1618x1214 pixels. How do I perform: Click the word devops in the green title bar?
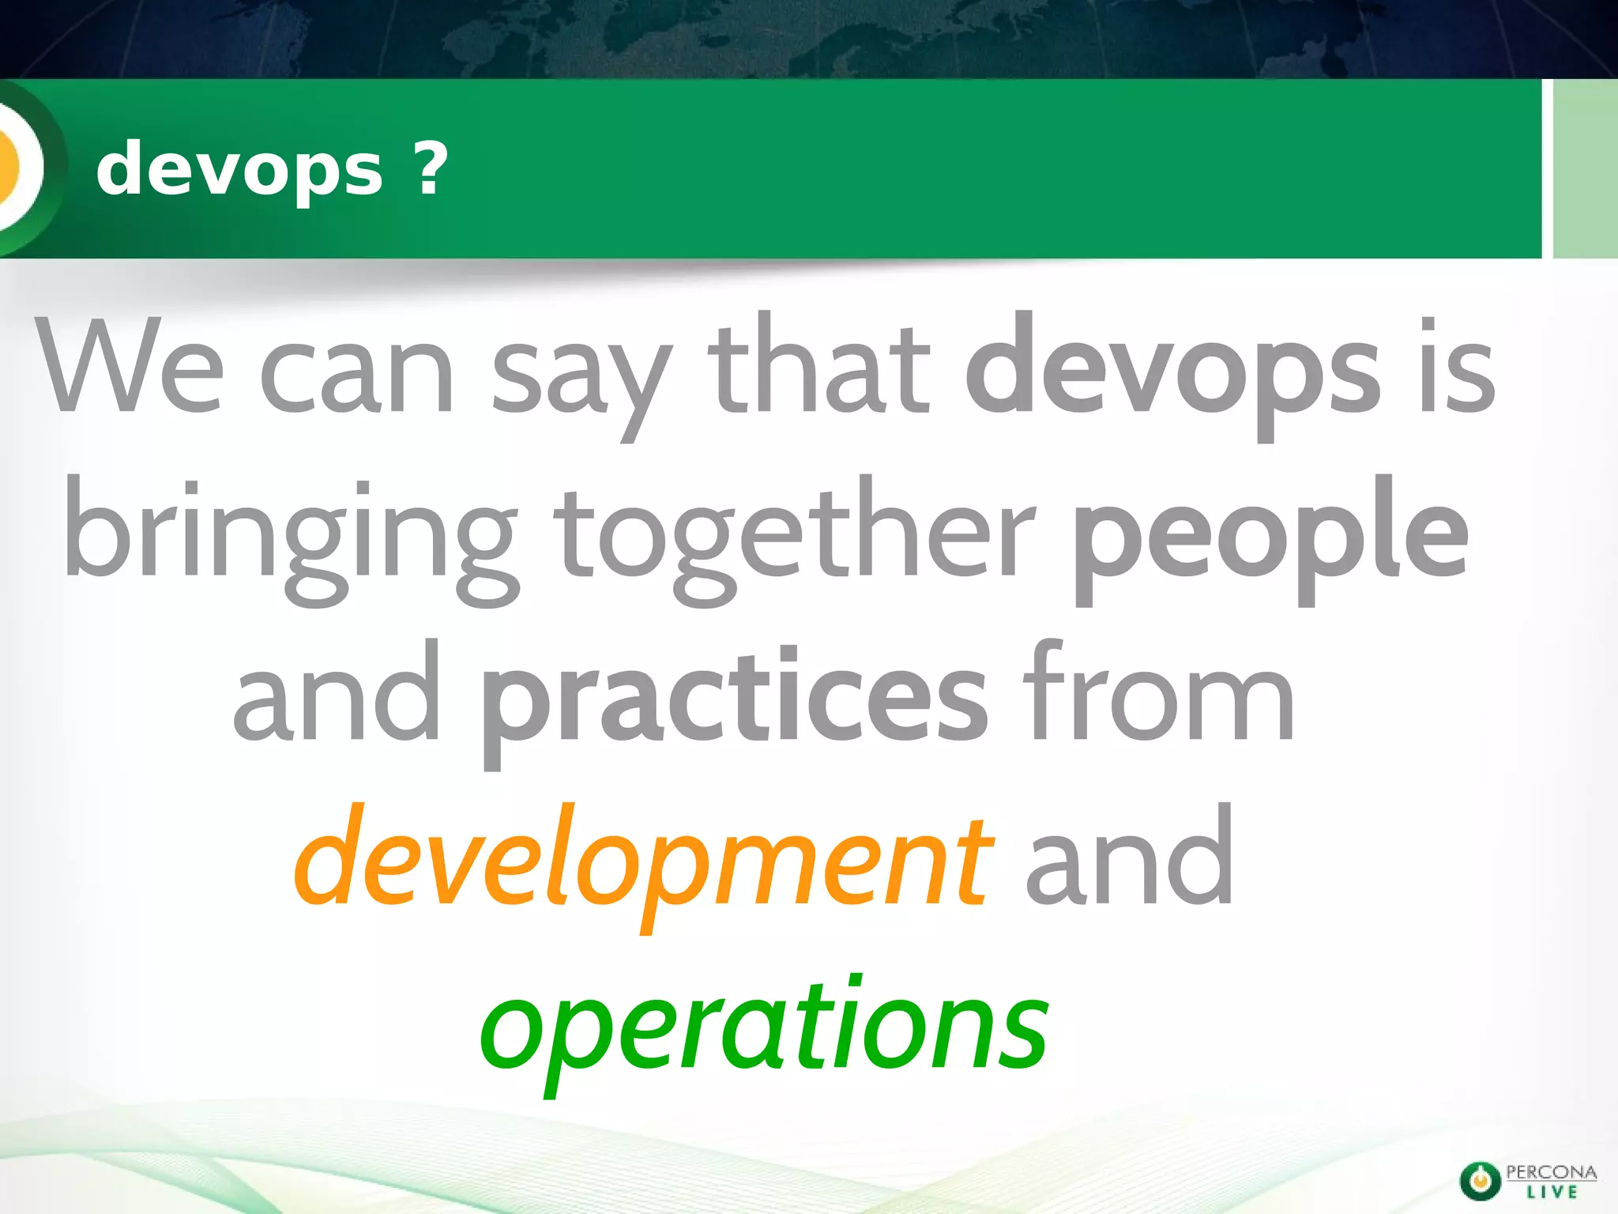tap(239, 169)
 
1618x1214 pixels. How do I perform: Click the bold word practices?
tap(735, 699)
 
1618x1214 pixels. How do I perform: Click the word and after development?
tap(1129, 858)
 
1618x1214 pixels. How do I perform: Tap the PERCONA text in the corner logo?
tap(1552, 1171)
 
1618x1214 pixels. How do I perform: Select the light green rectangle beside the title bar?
tap(1585, 169)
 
